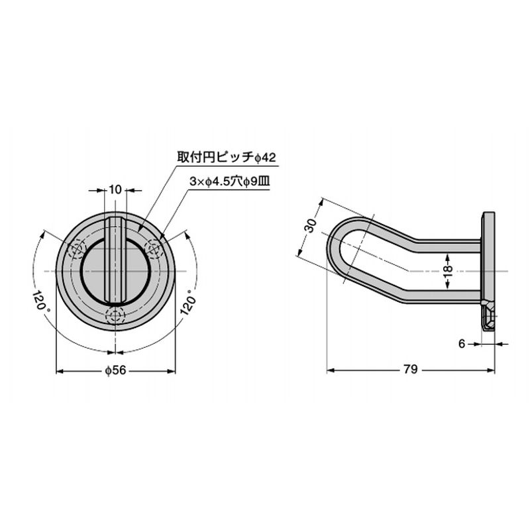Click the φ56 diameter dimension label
pyautogui.click(x=115, y=370)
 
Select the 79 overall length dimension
pyautogui.click(x=411, y=370)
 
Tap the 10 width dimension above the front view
pyautogui.click(x=115, y=190)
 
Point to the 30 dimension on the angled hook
pyautogui.click(x=311, y=225)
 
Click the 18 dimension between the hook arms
pyautogui.click(x=447, y=272)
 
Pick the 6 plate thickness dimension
pyautogui.click(x=462, y=344)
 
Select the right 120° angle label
pyautogui.click(x=189, y=302)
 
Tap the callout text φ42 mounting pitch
pyautogui.click(x=227, y=158)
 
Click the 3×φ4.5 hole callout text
pyautogui.click(x=230, y=182)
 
